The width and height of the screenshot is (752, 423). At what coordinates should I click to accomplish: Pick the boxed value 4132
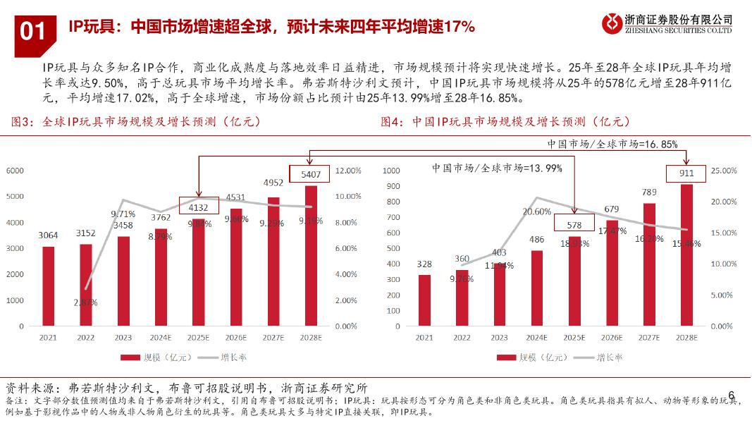pyautogui.click(x=198, y=207)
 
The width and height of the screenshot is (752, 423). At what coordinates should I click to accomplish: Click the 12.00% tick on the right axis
pyautogui.click(x=348, y=171)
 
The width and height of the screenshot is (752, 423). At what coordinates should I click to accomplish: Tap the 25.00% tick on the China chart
pyautogui.click(x=720, y=171)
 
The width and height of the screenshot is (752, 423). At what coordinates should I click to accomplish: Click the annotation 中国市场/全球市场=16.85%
pyautogui.click(x=612, y=144)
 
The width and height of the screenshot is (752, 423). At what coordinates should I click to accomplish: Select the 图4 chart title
pyautogui.click(x=505, y=121)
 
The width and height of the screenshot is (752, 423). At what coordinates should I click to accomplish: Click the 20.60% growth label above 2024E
pyautogui.click(x=536, y=211)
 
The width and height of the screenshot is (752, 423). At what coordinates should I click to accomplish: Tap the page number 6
pyautogui.click(x=731, y=395)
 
